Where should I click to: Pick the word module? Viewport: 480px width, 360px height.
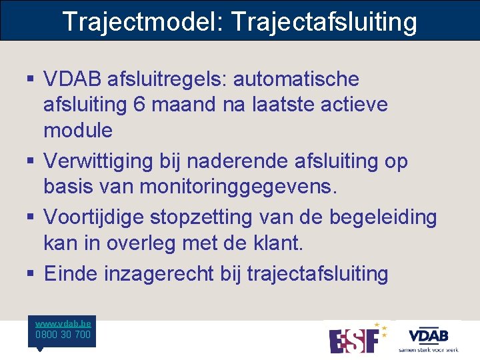[78, 130]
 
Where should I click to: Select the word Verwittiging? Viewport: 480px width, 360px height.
[112, 161]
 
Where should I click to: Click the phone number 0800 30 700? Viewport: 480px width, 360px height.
[63, 335]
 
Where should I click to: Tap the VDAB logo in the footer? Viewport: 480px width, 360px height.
[428, 339]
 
